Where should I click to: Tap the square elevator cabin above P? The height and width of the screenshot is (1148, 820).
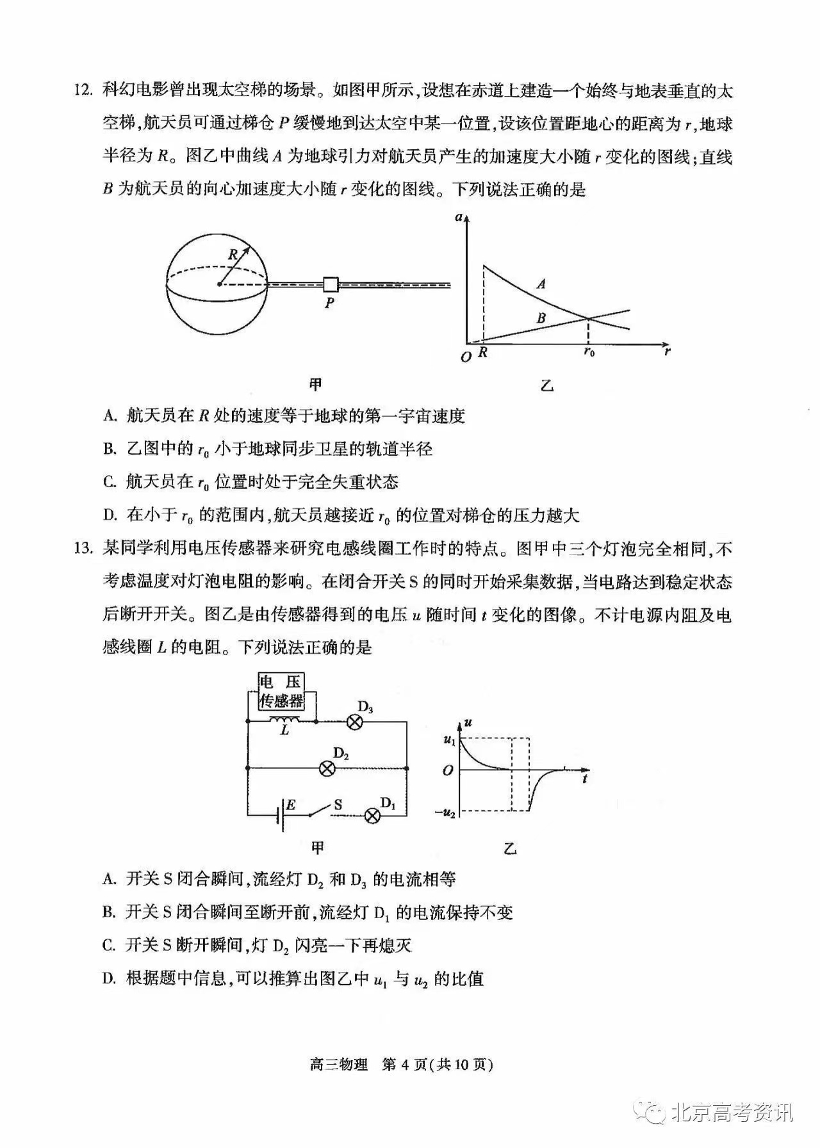point(331,284)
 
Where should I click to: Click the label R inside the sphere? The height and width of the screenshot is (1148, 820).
point(233,254)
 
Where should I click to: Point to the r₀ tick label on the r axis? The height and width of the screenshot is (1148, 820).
point(588,352)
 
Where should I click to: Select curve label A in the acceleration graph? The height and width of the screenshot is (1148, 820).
point(541,284)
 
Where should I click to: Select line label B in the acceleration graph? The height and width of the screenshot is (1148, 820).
point(541,318)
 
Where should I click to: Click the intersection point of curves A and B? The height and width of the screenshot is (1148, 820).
point(588,318)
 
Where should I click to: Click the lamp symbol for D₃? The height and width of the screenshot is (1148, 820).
point(355,722)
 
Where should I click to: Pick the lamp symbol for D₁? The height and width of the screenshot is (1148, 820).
point(372,816)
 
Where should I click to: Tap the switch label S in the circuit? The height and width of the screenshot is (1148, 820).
point(338,804)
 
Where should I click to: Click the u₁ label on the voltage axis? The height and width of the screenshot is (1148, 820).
point(448,740)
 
